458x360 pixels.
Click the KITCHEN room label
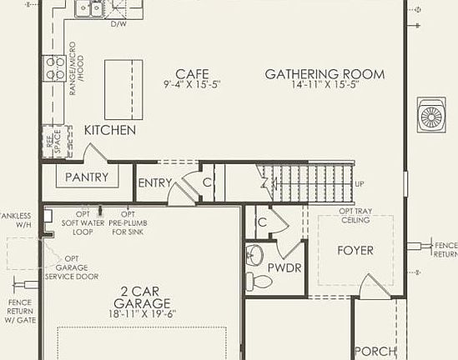pyautogui.click(x=110, y=131)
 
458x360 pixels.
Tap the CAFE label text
pyautogui.click(x=192, y=73)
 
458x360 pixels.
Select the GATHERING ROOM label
pyautogui.click(x=325, y=74)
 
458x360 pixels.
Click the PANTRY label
pyautogui.click(x=87, y=177)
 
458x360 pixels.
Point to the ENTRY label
pyautogui.click(x=154, y=183)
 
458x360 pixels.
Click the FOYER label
pyautogui.click(x=355, y=250)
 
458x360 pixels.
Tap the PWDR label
pyautogui.click(x=285, y=267)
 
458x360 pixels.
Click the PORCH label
pyautogui.click(x=375, y=352)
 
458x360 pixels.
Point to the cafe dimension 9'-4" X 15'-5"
pyautogui.click(x=192, y=85)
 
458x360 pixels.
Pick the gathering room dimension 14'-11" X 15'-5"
pyautogui.click(x=325, y=85)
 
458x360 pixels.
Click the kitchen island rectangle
pyautogui.click(x=123, y=89)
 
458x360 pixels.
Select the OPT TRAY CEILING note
pyautogui.click(x=355, y=216)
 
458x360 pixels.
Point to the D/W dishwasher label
pyautogui.click(x=119, y=24)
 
